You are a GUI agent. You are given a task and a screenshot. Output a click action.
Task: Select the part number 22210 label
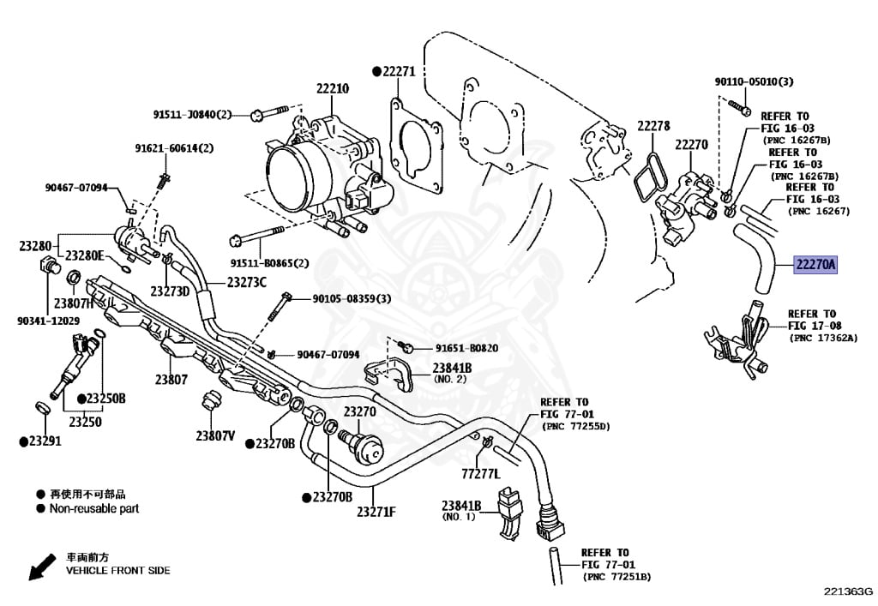pos(333,88)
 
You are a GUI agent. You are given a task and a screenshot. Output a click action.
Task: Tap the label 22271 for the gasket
pos(398,72)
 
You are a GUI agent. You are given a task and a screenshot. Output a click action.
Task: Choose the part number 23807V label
pos(215,435)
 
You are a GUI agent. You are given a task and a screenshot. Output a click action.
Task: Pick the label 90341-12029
pos(48,321)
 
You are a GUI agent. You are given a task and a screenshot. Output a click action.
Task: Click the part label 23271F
pos(376,512)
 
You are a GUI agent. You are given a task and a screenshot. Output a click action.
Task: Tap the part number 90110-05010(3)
pos(755,81)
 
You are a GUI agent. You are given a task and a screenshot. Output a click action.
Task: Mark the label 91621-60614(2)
pos(174,148)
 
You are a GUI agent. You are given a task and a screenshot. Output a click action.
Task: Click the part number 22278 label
pos(653,126)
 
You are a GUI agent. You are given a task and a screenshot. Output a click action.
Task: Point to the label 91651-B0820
pos(466,348)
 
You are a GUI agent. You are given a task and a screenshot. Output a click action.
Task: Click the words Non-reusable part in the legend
pos(94,508)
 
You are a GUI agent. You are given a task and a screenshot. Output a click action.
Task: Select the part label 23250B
pos(106,399)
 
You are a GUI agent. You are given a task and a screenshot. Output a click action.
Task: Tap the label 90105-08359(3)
pos(351,298)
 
